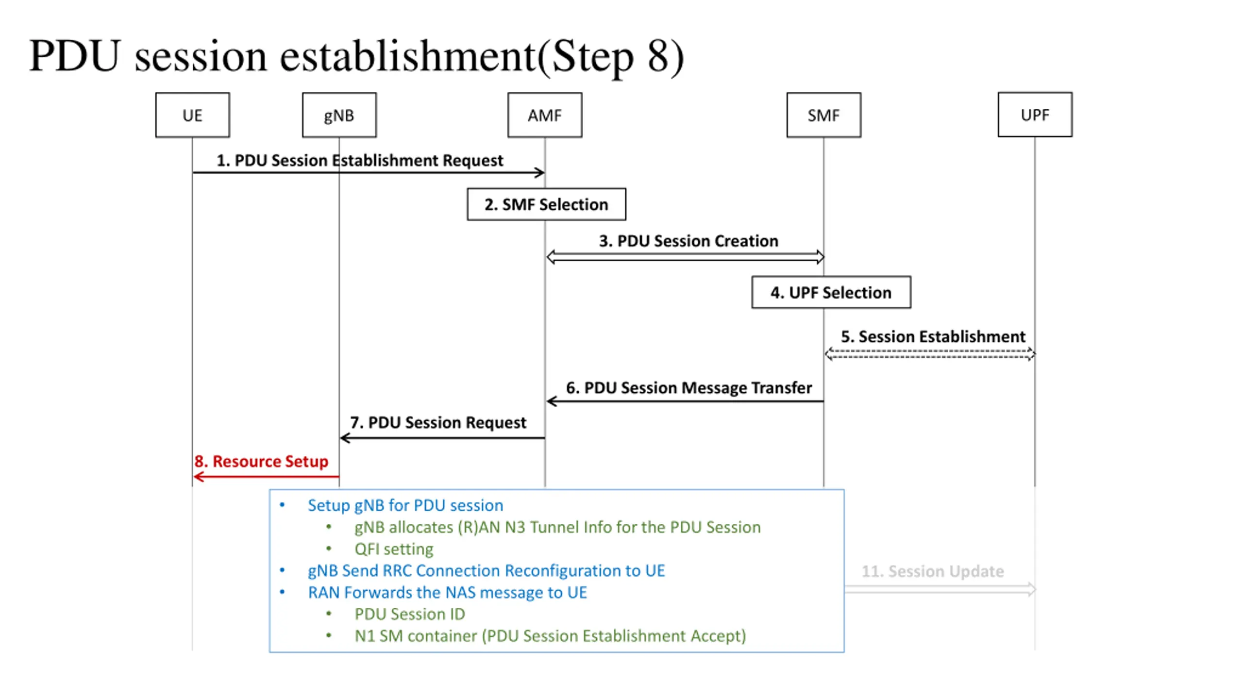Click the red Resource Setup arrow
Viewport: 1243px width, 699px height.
tap(266, 477)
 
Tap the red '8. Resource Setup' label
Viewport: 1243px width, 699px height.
tap(261, 461)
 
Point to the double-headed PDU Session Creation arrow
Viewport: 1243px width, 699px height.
tap(685, 257)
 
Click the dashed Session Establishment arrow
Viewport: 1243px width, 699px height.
tap(929, 354)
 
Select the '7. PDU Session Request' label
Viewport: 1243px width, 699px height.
tap(438, 422)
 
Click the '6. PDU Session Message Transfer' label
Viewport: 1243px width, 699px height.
tap(689, 388)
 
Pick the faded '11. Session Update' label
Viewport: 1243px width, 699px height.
tap(932, 571)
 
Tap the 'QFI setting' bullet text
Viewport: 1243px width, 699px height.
tap(394, 549)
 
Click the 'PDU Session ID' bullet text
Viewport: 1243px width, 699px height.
tap(410, 614)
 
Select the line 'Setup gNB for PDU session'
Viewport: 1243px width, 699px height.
tap(405, 505)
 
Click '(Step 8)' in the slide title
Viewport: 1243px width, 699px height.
tap(611, 57)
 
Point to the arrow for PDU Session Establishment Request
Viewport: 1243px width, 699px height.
tap(369, 172)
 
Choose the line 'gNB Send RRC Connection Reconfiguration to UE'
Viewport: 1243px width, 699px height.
tap(487, 571)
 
